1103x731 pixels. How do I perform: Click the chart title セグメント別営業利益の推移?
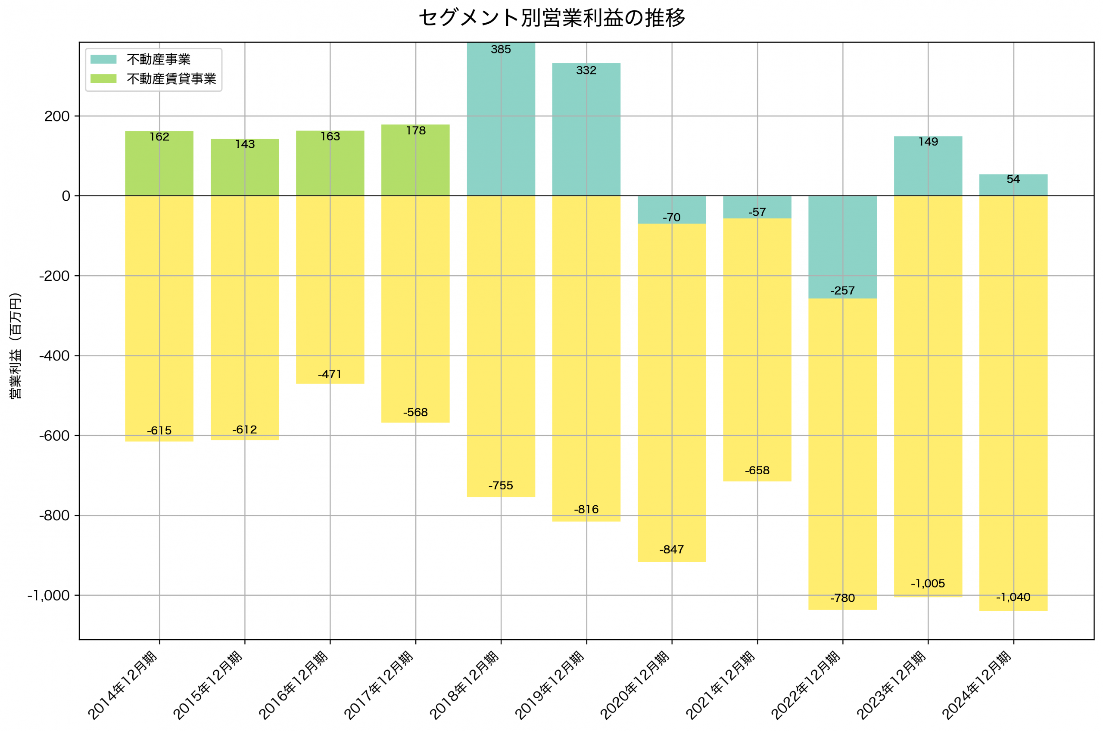point(551,18)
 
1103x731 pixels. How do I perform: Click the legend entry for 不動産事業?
point(159,59)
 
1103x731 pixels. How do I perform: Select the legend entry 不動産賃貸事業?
point(171,79)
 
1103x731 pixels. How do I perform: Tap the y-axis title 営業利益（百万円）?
point(16,345)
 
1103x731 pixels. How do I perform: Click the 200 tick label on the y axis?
point(57,116)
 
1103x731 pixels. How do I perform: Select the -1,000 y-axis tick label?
point(49,596)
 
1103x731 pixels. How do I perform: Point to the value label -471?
point(330,374)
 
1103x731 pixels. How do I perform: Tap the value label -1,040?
point(1013,597)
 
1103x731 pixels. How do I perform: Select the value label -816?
point(586,510)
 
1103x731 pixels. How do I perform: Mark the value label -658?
point(757,470)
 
